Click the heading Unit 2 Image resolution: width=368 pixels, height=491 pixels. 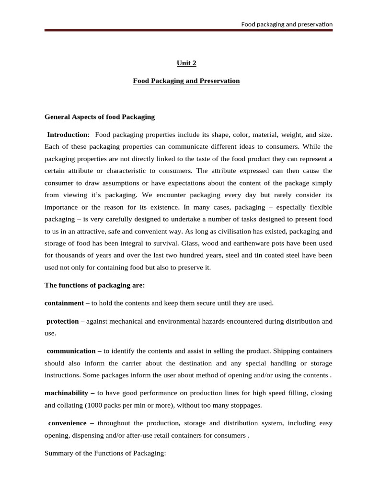tap(186, 63)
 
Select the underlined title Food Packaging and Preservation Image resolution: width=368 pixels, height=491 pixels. tap(186, 81)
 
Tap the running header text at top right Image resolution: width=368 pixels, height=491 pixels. tap(287, 24)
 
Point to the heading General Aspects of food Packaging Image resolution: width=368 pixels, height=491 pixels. tap(100, 117)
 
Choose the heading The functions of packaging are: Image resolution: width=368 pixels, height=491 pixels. tap(94, 285)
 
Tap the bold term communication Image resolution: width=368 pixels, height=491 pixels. tap(71, 351)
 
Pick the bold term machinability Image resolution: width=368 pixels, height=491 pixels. tap(66, 393)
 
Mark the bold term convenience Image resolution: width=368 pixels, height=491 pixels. tap(68, 423)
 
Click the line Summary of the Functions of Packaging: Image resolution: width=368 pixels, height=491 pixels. tap(105, 453)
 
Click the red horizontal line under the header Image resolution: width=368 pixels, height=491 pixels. tap(188, 31)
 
